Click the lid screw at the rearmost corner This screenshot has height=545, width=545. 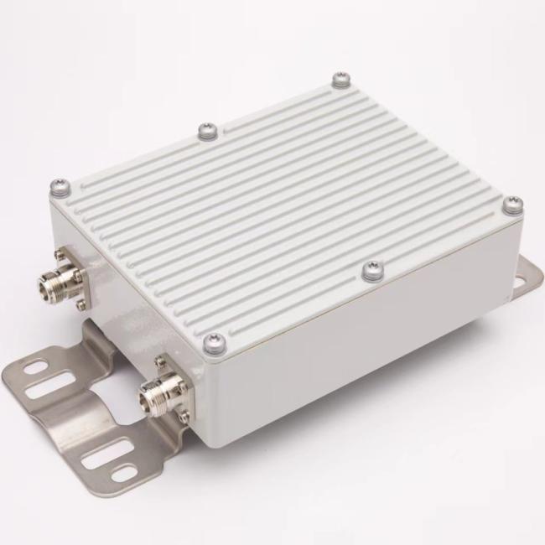click(x=340, y=79)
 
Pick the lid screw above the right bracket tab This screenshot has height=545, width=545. click(x=512, y=204)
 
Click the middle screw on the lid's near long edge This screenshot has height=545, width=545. click(x=373, y=269)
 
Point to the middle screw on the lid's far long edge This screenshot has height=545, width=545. click(x=207, y=130)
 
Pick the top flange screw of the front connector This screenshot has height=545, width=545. click(x=159, y=362)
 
